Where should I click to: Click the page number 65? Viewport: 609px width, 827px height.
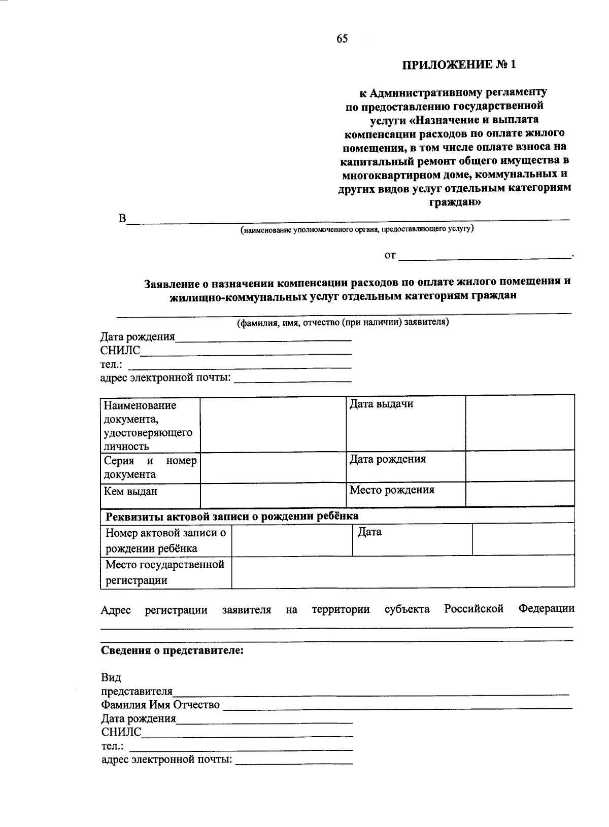click(x=342, y=39)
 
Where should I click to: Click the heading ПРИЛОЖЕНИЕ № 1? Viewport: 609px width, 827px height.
click(x=459, y=65)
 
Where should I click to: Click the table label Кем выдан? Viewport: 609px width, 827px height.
click(x=130, y=491)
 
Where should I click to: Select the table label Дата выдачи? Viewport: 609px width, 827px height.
click(x=381, y=404)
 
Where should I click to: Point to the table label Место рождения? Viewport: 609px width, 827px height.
click(x=392, y=490)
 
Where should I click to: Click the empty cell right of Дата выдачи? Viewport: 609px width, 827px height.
click(x=520, y=423)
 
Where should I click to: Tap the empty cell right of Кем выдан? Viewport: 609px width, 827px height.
click(x=273, y=495)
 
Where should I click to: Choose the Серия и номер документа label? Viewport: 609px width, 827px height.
click(x=150, y=467)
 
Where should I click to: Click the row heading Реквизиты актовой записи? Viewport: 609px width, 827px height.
click(x=231, y=516)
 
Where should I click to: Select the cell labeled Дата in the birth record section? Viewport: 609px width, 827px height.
click(x=369, y=532)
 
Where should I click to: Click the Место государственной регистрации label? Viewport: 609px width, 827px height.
click(x=164, y=572)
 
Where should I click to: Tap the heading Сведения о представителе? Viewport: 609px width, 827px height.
click(x=172, y=650)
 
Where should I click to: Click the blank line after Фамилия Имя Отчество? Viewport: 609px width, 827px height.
click(x=397, y=705)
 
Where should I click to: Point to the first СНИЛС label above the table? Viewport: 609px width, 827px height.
click(x=120, y=351)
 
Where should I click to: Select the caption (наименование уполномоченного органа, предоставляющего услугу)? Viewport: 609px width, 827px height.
click(x=357, y=229)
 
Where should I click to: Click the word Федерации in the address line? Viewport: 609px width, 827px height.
click(x=546, y=608)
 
